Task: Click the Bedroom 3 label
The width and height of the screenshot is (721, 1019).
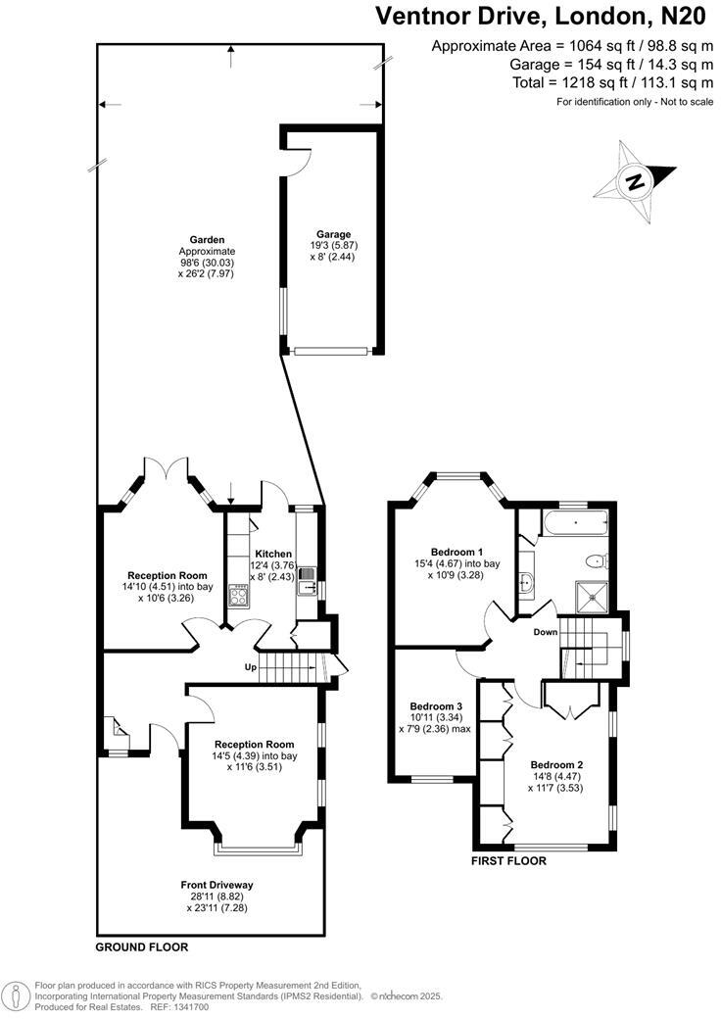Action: pyautogui.click(x=436, y=706)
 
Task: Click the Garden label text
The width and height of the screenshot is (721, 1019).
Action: pyautogui.click(x=208, y=239)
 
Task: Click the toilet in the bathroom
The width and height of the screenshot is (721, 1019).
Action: pyautogui.click(x=594, y=560)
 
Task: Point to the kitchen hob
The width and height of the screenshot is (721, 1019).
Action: pyautogui.click(x=237, y=593)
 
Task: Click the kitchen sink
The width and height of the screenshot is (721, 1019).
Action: pyautogui.click(x=306, y=575)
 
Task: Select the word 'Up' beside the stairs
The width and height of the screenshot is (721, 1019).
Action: pyautogui.click(x=251, y=668)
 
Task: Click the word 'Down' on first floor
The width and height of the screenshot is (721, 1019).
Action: pyautogui.click(x=545, y=632)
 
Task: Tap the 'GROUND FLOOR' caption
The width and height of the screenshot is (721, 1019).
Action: pyautogui.click(x=141, y=947)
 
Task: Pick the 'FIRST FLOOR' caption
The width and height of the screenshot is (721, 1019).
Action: pyautogui.click(x=507, y=861)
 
